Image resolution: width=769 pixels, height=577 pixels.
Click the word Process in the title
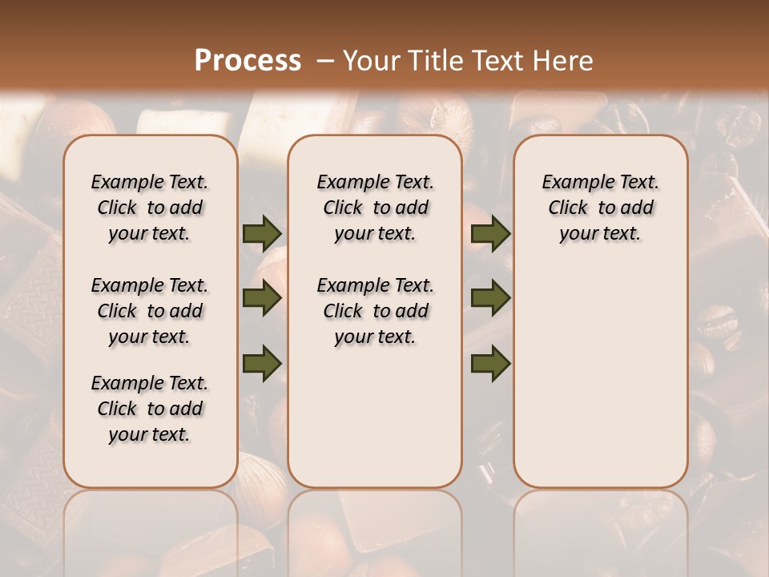point(248,61)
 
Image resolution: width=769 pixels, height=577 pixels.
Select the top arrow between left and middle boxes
point(261,234)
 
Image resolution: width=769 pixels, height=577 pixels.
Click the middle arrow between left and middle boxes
point(261,299)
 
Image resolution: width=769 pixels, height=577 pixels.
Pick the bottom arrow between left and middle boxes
point(261,363)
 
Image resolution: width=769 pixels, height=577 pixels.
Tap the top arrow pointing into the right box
point(490,234)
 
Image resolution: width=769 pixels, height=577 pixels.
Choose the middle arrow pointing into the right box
point(490,299)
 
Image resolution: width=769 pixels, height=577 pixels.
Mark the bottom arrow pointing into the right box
point(490,363)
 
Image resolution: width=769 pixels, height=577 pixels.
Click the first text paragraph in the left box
point(150,208)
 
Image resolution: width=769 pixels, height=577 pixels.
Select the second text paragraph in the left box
point(150,311)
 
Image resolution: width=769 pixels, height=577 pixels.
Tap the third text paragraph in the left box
point(150,409)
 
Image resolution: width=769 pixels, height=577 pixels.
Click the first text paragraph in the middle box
point(375,208)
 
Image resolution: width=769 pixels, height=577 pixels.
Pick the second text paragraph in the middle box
point(375,311)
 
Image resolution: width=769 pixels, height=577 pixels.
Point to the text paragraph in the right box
point(600,208)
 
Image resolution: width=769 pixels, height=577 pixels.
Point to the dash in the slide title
point(325,61)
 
